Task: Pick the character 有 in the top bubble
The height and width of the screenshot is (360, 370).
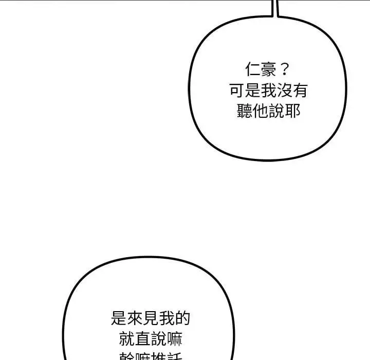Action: pyautogui.click(x=300, y=91)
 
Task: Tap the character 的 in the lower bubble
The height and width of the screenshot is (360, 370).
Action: pyautogui.click(x=182, y=318)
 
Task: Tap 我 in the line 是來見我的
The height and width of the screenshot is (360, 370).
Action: pyautogui.click(x=166, y=318)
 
